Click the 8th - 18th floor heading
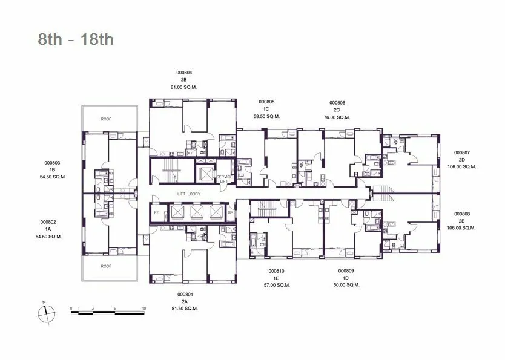tap(76, 39)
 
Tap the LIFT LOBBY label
tap(189, 194)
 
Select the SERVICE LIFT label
tap(224, 179)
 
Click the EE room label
tap(156, 212)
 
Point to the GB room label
tap(231, 212)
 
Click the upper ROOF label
tap(106, 119)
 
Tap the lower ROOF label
tap(106, 266)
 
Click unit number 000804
tap(184, 73)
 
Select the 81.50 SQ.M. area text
tap(185, 309)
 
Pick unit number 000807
tap(462, 153)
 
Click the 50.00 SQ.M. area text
tap(346, 285)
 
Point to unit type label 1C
tap(266, 109)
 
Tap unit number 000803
tap(52, 163)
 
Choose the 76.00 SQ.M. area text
tap(337, 117)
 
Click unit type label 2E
tap(462, 221)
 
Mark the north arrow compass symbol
tap(47, 313)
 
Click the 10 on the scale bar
tap(144, 308)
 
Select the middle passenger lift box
tap(196, 212)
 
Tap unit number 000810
tap(276, 271)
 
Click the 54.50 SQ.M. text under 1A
tap(48, 237)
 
